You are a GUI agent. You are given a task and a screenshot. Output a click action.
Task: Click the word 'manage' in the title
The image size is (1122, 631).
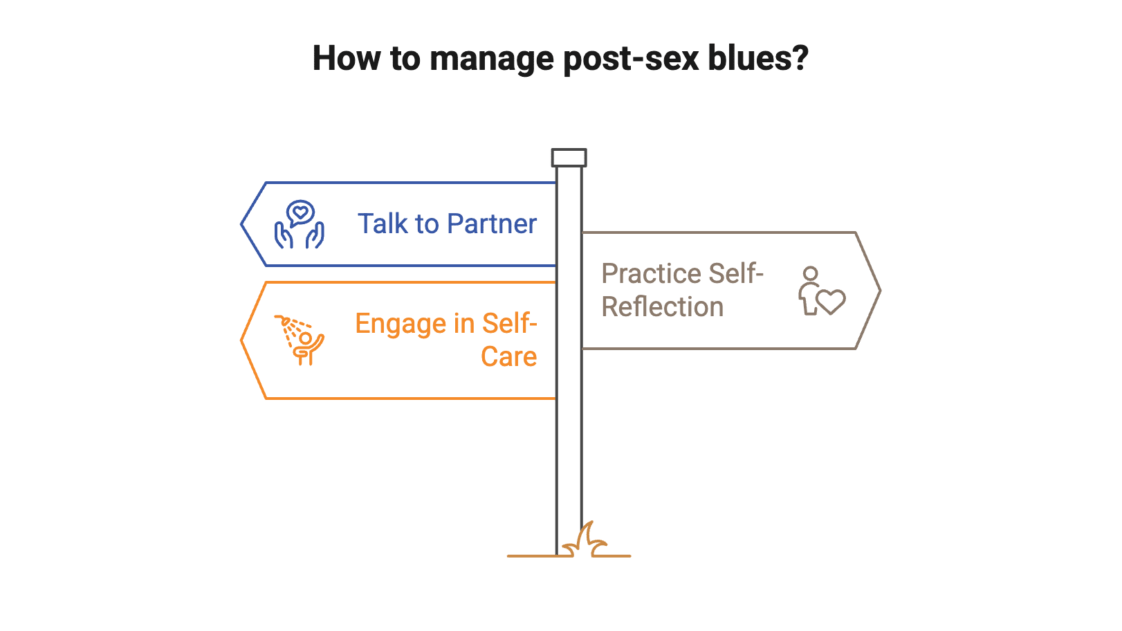pos(491,60)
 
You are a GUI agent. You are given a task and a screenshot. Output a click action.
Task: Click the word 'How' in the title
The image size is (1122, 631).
pos(346,58)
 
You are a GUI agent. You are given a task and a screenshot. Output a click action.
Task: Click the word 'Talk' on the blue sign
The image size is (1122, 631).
pos(383,223)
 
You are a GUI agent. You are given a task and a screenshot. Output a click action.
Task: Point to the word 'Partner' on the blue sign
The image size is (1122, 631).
pos(491,223)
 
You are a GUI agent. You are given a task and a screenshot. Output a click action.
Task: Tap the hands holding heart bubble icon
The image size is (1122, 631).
pos(300,224)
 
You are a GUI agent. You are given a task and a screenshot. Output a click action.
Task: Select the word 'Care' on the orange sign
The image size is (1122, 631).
pos(509,357)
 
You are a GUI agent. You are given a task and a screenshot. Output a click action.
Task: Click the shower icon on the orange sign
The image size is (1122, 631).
pos(299,340)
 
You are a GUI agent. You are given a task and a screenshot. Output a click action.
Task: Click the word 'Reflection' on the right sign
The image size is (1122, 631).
pos(662,307)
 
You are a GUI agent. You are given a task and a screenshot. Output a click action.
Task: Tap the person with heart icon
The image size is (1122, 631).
pos(820,291)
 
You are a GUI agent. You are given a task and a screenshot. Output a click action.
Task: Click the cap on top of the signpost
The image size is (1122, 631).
pos(569,158)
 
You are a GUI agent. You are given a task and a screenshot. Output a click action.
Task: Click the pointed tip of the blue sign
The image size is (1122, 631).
pos(242,223)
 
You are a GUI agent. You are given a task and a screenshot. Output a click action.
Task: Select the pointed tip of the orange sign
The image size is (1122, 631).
pos(242,340)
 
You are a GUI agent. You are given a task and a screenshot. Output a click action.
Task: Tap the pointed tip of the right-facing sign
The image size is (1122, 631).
pos(879,291)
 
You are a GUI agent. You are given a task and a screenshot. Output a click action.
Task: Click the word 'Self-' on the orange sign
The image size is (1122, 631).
pos(509,324)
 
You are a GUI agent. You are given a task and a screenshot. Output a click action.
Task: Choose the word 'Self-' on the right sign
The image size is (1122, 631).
pos(735,274)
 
